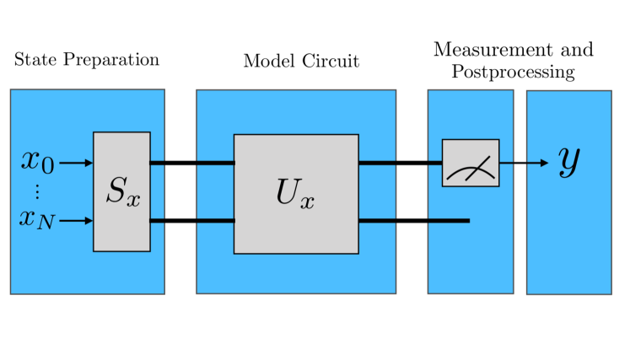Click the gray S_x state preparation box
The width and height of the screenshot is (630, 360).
click(121, 191)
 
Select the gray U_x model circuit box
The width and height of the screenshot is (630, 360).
click(296, 193)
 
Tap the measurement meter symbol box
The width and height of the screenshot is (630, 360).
click(471, 163)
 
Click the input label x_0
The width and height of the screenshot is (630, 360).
click(38, 161)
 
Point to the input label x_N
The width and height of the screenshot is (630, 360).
click(38, 220)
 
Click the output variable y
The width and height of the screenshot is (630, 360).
click(570, 161)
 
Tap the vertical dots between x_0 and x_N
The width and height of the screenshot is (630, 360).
click(38, 191)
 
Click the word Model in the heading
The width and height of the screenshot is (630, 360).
click(265, 61)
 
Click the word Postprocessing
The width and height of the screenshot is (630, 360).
click(513, 72)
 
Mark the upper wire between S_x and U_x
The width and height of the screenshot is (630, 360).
click(191, 163)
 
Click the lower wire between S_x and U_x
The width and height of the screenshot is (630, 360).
click(191, 221)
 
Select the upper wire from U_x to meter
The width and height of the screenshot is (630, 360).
click(401, 163)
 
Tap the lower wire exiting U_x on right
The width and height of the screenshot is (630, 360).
click(413, 221)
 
